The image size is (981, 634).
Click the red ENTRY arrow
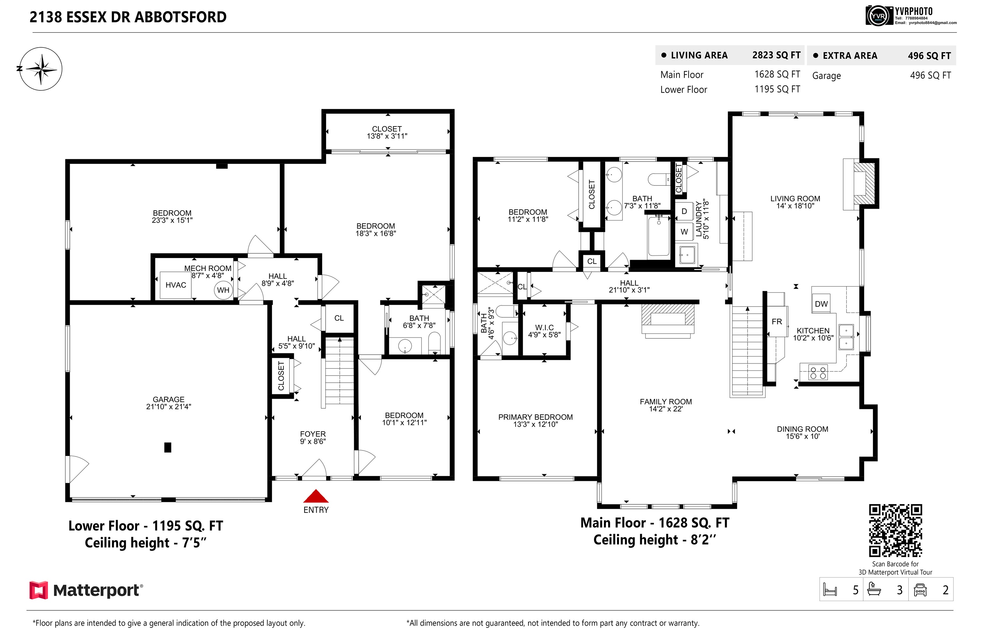click(316, 496)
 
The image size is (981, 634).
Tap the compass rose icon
click(41, 69)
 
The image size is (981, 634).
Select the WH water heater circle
click(223, 290)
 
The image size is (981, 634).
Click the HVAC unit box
click(176, 285)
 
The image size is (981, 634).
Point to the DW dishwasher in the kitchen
click(821, 304)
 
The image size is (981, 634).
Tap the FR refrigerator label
click(777, 321)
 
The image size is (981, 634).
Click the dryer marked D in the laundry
click(684, 211)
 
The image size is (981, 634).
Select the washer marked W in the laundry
click(684, 232)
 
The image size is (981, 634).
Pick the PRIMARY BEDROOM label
click(536, 417)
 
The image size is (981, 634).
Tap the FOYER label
click(313, 434)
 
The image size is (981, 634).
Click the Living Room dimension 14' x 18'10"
click(795, 206)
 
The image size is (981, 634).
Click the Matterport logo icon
click(39, 590)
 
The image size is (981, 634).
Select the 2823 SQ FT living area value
click(776, 55)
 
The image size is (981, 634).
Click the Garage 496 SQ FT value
click(930, 75)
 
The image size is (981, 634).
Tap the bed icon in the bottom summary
click(830, 590)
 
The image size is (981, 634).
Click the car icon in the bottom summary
click(920, 590)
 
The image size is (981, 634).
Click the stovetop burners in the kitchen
click(818, 373)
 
